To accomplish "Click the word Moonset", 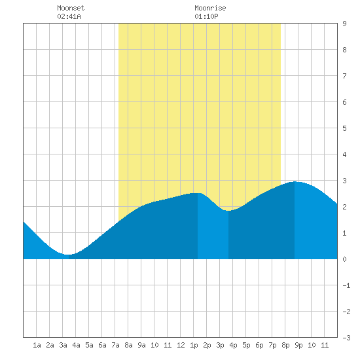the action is coord(71,8).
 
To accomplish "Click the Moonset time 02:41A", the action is coord(69,16).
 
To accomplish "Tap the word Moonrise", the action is coord(210,8).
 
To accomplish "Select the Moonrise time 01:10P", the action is coord(206,16).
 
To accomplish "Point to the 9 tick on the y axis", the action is coord(344,24).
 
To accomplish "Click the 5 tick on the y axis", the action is coord(344,128).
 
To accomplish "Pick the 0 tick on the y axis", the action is coord(344,259).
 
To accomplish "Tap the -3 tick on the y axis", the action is coord(346,338).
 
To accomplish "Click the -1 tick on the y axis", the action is coord(346,285).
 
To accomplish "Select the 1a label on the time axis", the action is coord(37,345).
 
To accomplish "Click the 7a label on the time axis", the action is coord(115,345).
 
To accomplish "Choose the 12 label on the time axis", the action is coord(181,345).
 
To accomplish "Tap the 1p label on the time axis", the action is coord(194,345).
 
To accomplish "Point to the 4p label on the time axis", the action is coord(233,345).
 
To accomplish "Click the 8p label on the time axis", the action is coord(285,345).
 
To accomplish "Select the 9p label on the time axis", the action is coord(298,345).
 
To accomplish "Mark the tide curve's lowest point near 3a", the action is coord(67,255).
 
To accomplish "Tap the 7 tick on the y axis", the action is coord(344,76).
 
